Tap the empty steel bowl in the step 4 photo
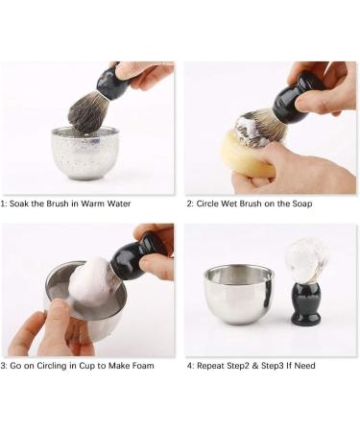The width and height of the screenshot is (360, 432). point(238,294)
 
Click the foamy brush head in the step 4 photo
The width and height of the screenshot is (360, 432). point(307,257)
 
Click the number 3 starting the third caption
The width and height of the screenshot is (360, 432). point(3,366)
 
